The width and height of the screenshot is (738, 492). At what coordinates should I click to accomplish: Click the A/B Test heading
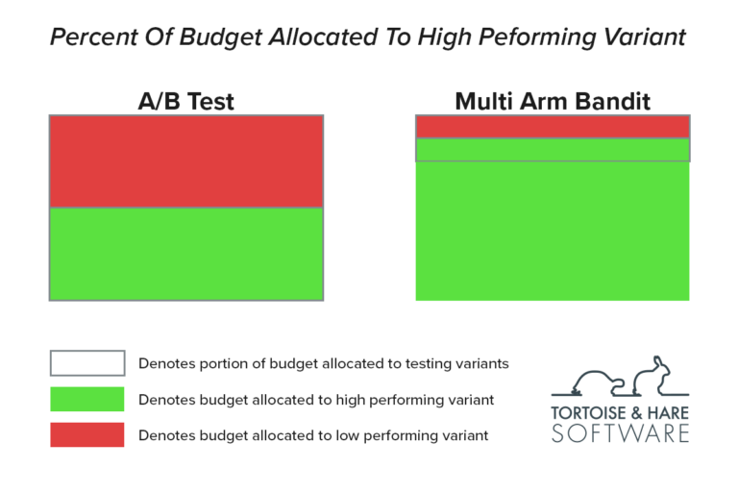click(x=185, y=101)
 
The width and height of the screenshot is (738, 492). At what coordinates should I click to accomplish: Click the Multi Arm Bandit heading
click(x=552, y=101)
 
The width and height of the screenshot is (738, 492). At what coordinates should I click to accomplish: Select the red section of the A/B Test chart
click(x=185, y=161)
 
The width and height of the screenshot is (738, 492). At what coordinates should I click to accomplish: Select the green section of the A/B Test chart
click(x=185, y=254)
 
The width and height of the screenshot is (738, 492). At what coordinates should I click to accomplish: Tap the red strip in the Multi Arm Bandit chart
click(x=552, y=127)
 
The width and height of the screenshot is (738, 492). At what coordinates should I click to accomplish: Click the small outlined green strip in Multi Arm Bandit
click(x=552, y=150)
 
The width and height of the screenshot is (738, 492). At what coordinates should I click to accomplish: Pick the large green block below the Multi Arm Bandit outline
click(x=552, y=231)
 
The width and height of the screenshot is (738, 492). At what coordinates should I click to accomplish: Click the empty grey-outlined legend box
click(x=87, y=363)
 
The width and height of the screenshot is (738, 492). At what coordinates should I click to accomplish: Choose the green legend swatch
click(x=87, y=399)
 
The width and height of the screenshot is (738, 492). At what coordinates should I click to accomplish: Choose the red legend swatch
click(x=87, y=434)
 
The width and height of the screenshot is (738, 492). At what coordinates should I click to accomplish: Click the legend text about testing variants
click(x=323, y=363)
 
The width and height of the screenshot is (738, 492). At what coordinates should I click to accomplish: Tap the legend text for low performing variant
click(x=313, y=435)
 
